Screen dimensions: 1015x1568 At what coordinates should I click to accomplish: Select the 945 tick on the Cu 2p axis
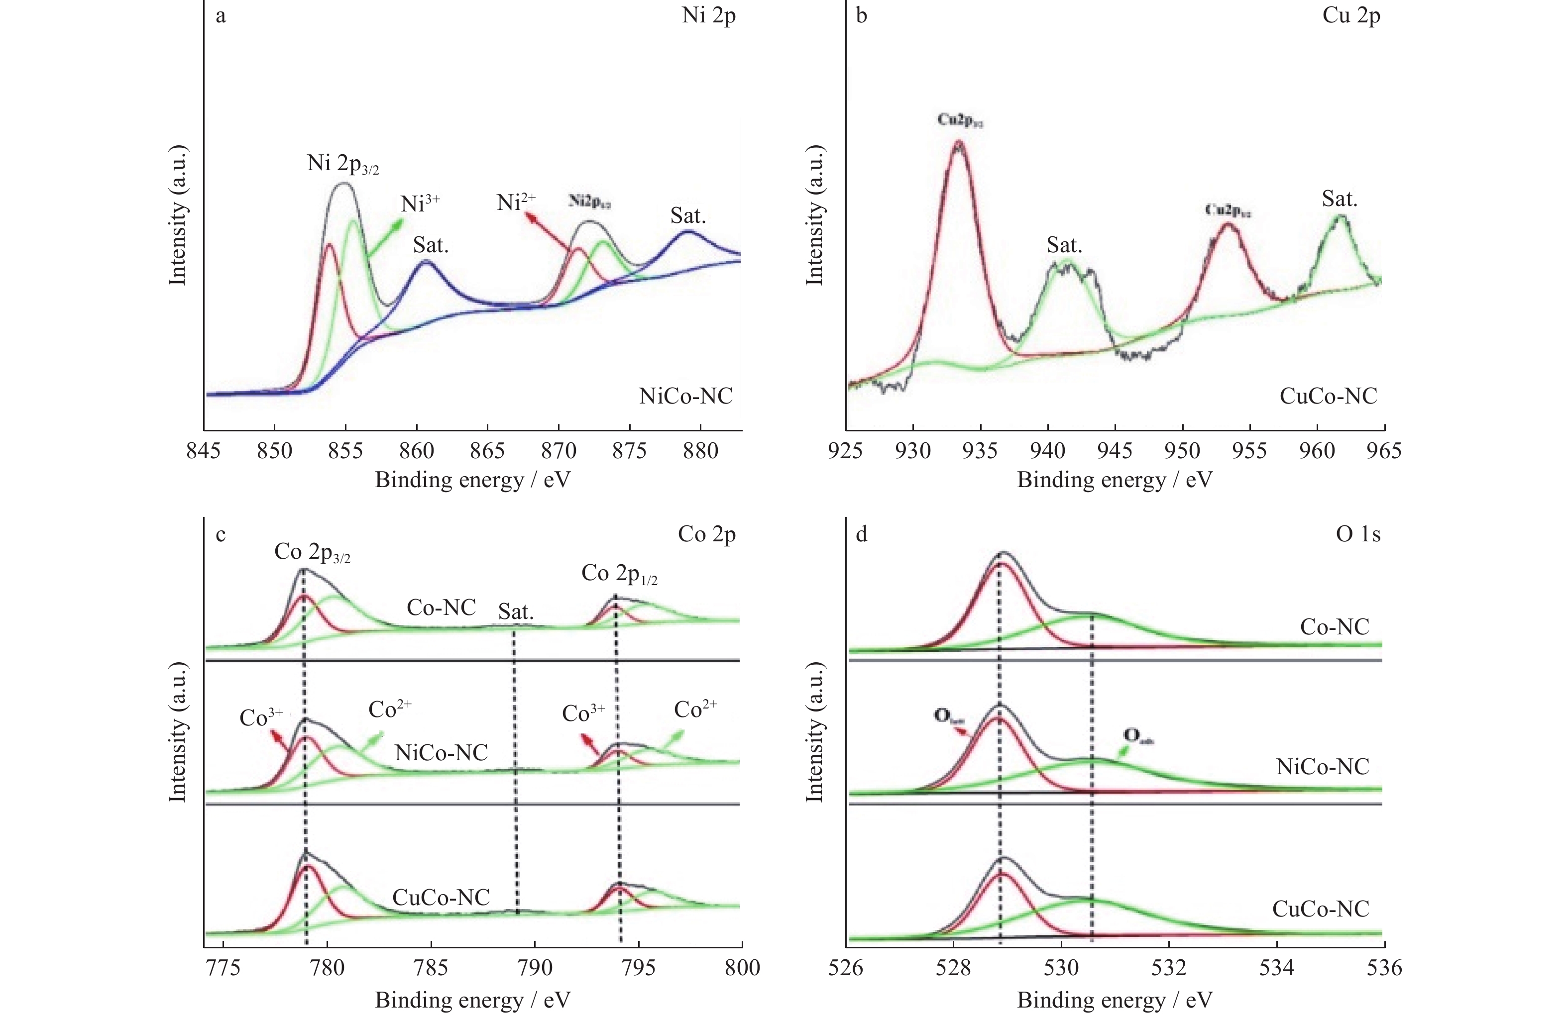pyautogui.click(x=1116, y=451)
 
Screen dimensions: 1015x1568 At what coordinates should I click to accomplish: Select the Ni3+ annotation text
pyautogui.click(x=420, y=203)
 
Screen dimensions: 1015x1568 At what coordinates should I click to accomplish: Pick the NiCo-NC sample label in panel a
pyautogui.click(x=685, y=396)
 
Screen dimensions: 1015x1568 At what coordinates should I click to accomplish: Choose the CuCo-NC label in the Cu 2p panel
pyautogui.click(x=1328, y=396)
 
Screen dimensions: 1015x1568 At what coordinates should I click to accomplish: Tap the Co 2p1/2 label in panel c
pyautogui.click(x=619, y=574)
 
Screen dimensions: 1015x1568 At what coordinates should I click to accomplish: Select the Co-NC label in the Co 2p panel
pyautogui.click(x=441, y=608)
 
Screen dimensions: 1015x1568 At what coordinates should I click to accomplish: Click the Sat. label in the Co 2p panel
pyautogui.click(x=515, y=612)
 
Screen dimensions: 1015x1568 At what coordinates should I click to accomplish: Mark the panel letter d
pyautogui.click(x=861, y=534)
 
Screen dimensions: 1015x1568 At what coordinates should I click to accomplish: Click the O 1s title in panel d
pyautogui.click(x=1357, y=534)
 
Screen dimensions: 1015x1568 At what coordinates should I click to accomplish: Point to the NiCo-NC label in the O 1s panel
pyautogui.click(x=1322, y=767)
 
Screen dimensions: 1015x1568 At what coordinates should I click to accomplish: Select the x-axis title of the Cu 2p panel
pyautogui.click(x=1114, y=480)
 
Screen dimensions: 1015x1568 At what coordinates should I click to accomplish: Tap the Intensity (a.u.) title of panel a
pyautogui.click(x=178, y=215)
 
